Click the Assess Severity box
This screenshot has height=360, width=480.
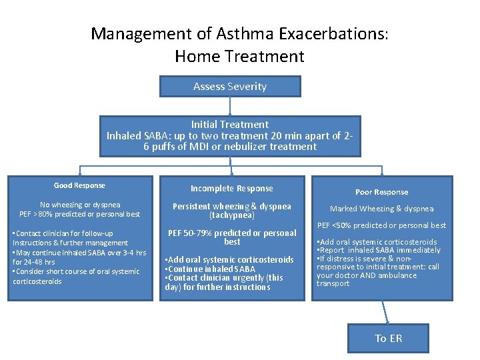coord(230,87)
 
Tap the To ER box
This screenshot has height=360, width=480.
coord(388,338)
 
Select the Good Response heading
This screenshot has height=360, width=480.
coord(79,185)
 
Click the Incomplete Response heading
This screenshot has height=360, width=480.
coord(231,189)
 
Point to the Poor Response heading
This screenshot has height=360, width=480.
coord(381,192)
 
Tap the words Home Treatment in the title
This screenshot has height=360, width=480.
coord(239,57)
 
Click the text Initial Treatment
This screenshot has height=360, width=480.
coord(230,125)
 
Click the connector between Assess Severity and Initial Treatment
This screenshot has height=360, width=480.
coord(230,107)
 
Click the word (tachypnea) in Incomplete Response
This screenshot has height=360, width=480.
coord(232,215)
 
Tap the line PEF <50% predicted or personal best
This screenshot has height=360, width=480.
coord(381,225)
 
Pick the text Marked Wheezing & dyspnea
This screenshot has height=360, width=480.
coord(381,209)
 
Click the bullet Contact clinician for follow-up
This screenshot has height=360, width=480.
coord(64,233)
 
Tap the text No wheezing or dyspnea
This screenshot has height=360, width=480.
coord(79,205)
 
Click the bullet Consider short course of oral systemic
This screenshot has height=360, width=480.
coord(77,271)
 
